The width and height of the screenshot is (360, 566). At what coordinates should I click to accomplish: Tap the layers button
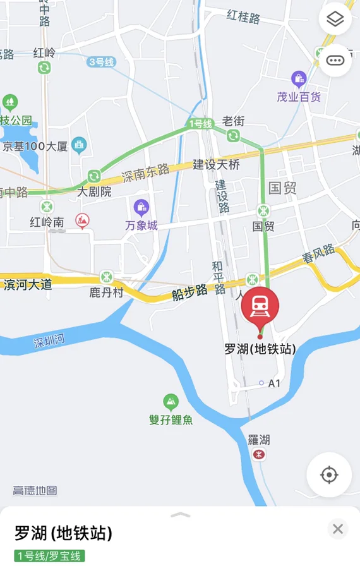pyautogui.click(x=335, y=20)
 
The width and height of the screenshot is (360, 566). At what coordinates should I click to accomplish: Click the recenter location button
pyautogui.click(x=329, y=474)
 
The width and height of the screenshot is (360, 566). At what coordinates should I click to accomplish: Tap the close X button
pyautogui.click(x=338, y=529)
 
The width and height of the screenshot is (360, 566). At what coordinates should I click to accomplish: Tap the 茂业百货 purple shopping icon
pyautogui.click(x=299, y=79)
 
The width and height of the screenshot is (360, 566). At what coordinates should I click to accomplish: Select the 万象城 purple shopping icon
pyautogui.click(x=141, y=207)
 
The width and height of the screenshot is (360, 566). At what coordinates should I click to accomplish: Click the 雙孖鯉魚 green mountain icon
pyautogui.click(x=171, y=401)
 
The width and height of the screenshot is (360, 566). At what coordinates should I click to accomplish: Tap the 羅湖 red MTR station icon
pyautogui.click(x=258, y=454)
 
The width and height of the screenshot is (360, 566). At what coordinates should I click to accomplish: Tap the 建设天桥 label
pyautogui.click(x=216, y=165)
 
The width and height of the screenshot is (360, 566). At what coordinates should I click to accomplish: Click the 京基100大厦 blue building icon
pyautogui.click(x=79, y=145)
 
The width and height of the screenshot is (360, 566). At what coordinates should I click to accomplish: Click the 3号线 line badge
pyautogui.click(x=101, y=62)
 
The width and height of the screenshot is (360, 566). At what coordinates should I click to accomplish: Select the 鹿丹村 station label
pyautogui.click(x=107, y=292)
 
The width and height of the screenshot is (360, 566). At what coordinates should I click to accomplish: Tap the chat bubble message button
pyautogui.click(x=335, y=61)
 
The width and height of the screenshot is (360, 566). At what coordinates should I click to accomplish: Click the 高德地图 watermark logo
pyautogui.click(x=35, y=490)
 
